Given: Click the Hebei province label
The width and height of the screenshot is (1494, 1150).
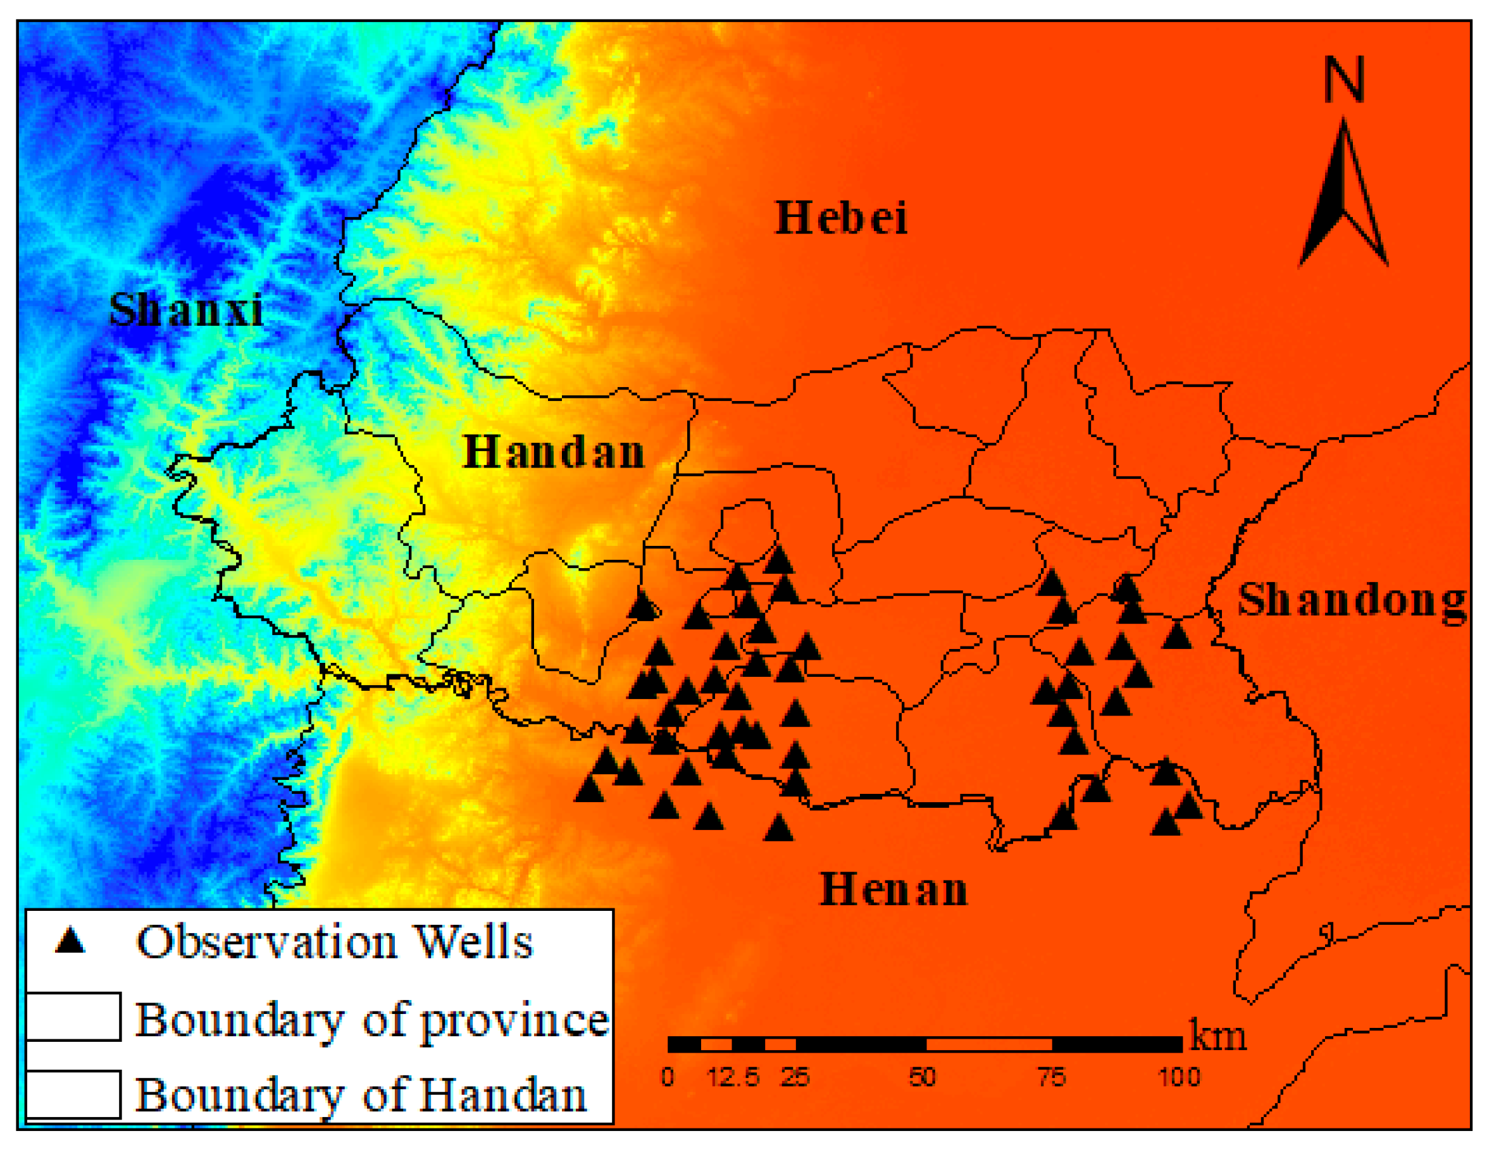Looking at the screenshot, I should point(841,218).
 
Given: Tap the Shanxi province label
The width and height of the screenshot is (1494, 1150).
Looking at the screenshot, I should point(186,310).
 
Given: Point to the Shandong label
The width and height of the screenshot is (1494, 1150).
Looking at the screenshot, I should point(1352,602).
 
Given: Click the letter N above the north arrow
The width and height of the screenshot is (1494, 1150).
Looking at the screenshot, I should point(1344,79).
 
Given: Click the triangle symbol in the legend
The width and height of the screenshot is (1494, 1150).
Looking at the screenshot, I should point(70,941).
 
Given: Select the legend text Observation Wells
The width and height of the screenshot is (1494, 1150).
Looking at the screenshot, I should point(335,942).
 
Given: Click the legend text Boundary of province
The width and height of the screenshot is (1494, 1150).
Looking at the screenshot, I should point(372,1020).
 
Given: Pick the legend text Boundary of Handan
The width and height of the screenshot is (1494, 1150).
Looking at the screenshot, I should point(361,1094).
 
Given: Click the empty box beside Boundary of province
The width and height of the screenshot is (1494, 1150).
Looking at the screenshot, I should point(73,1017).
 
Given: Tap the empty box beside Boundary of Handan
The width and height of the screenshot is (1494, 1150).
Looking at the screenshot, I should point(73,1094).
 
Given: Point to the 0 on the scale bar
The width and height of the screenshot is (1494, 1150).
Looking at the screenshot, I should point(668,1077).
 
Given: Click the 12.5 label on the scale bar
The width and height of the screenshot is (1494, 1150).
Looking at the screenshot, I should point(733,1077).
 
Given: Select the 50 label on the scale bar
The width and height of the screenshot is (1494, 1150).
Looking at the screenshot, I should point(922,1077).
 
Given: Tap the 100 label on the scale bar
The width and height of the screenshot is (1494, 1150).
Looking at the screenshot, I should point(1180,1077).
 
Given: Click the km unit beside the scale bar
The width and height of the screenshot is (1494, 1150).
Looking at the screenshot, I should point(1218,1036).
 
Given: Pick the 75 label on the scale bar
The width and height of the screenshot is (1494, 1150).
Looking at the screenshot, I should point(1052,1077).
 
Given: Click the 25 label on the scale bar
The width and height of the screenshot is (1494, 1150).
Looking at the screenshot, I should point(795,1077).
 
